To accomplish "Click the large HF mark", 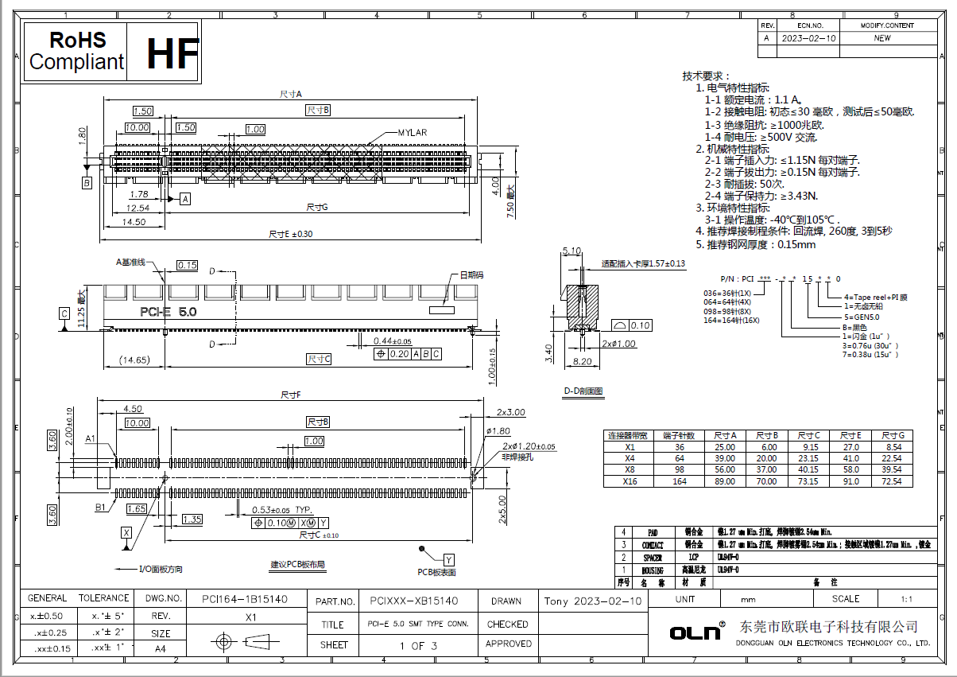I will click(x=172, y=53).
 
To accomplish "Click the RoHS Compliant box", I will click(x=76, y=51).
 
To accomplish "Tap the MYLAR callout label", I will click(x=413, y=132).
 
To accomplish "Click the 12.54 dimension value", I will click(x=137, y=208).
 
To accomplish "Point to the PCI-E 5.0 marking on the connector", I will click(x=168, y=311).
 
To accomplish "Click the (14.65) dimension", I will click(x=133, y=360).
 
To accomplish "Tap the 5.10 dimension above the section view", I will click(x=571, y=251).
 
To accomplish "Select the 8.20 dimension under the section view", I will click(x=583, y=361).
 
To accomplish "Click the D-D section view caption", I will click(x=584, y=391).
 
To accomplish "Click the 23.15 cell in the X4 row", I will click(x=808, y=458).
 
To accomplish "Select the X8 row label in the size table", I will click(x=630, y=470).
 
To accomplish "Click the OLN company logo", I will click(x=695, y=632).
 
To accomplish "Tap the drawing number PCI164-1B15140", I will click(x=245, y=599).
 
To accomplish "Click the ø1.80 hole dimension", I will click(x=499, y=431).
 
